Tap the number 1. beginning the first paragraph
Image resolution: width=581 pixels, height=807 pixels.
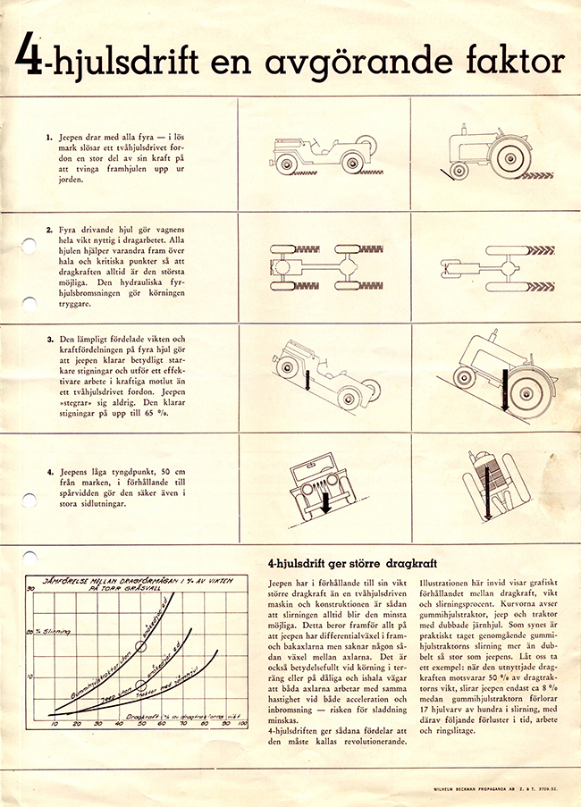(x=50, y=139)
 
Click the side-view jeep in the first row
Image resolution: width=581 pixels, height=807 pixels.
(x=322, y=154)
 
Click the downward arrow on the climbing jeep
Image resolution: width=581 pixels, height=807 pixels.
(x=305, y=374)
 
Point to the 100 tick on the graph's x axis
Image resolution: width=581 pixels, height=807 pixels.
(x=241, y=723)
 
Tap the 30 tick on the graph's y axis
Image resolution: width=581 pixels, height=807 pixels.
(x=30, y=588)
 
